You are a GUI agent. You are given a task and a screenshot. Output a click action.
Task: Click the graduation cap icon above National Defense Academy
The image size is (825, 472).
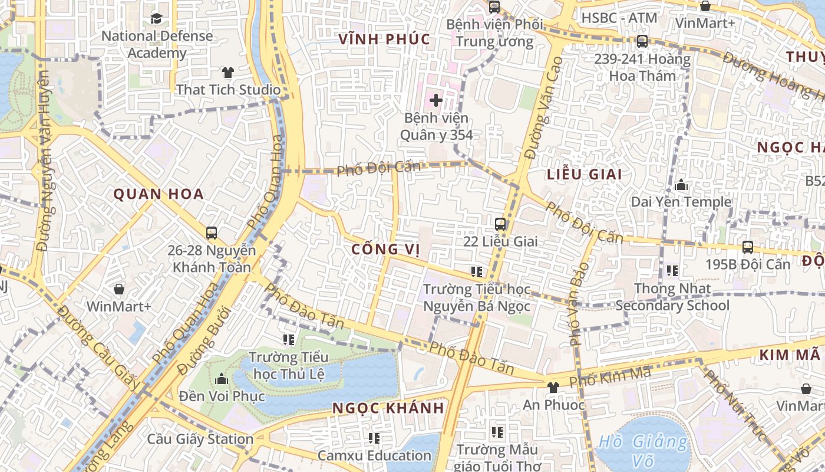[156, 18]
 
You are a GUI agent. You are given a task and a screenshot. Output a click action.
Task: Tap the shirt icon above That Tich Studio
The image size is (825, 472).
[228, 73]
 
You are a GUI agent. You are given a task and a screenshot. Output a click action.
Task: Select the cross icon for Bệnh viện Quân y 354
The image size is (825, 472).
[436, 100]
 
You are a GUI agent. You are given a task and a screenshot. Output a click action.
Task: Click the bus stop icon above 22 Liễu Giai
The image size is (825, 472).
[500, 224]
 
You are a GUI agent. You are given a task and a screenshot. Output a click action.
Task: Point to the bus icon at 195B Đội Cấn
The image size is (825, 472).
[748, 247]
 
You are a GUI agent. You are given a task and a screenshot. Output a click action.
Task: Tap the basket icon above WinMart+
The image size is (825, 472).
[119, 289]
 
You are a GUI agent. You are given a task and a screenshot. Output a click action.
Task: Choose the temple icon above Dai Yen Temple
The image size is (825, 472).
[681, 185]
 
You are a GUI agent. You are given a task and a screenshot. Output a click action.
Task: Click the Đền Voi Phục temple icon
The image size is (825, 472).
[222, 378]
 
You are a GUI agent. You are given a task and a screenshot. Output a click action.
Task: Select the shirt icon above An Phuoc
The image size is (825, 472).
[553, 388]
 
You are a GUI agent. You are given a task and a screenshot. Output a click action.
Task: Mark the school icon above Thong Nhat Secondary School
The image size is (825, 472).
[672, 271]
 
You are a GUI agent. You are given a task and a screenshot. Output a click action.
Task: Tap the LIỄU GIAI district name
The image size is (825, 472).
[585, 175]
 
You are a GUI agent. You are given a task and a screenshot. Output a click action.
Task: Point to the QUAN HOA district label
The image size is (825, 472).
[159, 194]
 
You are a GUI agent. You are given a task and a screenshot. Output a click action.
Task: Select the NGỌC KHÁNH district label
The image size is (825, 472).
[388, 408]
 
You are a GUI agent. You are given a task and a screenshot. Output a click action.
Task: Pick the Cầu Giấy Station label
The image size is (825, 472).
[200, 439]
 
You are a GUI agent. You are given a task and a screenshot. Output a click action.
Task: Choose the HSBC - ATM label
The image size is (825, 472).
[619, 18]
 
